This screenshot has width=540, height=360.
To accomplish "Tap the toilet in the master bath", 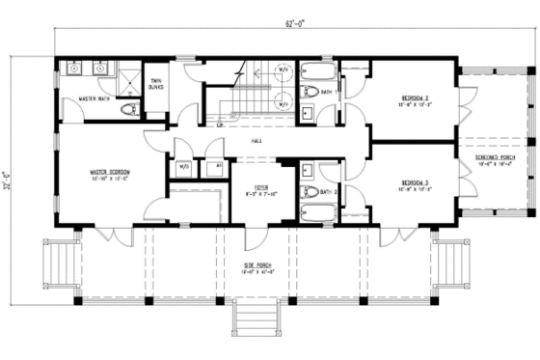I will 124,110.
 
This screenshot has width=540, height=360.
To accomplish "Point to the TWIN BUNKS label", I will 155,83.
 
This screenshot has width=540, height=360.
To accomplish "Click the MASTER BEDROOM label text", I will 103,174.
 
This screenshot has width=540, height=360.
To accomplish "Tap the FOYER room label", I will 260,188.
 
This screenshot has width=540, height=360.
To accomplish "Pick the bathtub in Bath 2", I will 318,213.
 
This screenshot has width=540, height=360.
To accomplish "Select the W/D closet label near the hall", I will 184,166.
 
